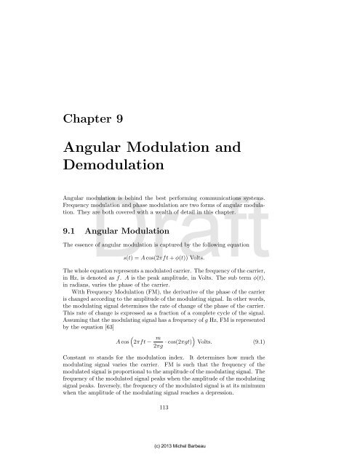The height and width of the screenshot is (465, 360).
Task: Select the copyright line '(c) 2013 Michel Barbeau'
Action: pos(180,458)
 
